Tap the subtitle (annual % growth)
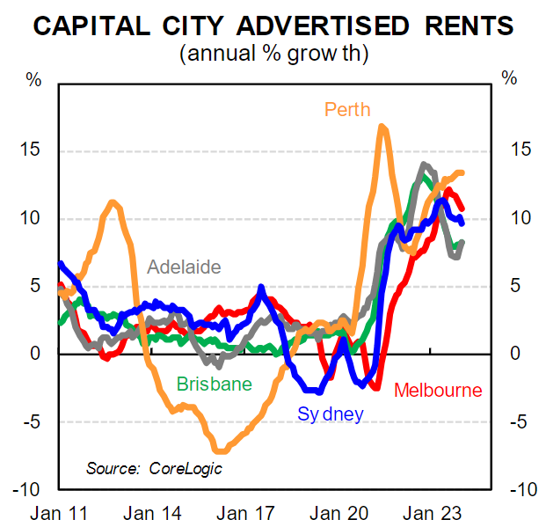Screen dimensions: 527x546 click(x=273, y=53)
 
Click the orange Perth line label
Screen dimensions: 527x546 click(x=347, y=110)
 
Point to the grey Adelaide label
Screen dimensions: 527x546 click(x=184, y=267)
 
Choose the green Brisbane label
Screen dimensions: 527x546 click(x=214, y=384)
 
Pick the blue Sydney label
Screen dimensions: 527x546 click(x=330, y=413)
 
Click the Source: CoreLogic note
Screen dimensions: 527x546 click(x=153, y=467)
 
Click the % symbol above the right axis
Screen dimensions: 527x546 click(x=509, y=77)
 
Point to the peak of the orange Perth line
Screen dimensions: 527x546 click(x=382, y=127)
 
